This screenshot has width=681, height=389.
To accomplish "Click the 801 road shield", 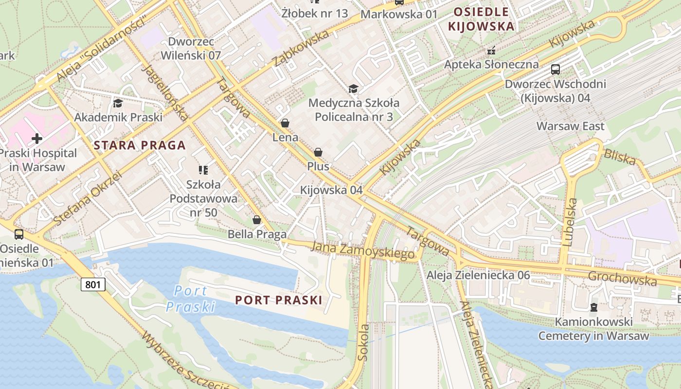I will [x=93, y=284].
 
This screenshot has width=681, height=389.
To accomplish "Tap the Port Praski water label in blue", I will [x=191, y=299].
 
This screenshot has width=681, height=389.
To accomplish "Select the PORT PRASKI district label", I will [x=279, y=300].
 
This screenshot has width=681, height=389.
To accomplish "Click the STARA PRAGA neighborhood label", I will [x=140, y=145].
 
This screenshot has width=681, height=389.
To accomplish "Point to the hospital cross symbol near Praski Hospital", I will [x=36, y=139].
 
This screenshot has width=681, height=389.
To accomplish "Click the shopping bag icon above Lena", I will [x=285, y=123].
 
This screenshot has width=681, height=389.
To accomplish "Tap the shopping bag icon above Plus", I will [x=318, y=152].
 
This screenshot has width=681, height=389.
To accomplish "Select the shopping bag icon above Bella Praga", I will [x=257, y=220].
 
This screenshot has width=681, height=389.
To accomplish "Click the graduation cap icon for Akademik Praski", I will [x=118, y=103].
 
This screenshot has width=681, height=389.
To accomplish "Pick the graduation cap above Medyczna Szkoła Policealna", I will [x=353, y=88].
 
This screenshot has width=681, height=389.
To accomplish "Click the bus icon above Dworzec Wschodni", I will [x=556, y=70].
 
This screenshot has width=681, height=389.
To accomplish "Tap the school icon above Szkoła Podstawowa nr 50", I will [x=203, y=170].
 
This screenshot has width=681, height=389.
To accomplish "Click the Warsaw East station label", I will [x=570, y=126].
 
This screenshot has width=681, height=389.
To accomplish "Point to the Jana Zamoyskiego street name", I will [x=363, y=250].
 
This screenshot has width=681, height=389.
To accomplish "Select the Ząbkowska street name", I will [x=302, y=48].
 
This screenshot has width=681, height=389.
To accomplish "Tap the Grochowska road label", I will [x=622, y=278].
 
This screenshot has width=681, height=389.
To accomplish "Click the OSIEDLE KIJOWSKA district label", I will [x=481, y=19].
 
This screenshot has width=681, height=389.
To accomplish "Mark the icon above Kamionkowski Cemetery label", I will [x=593, y=307].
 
